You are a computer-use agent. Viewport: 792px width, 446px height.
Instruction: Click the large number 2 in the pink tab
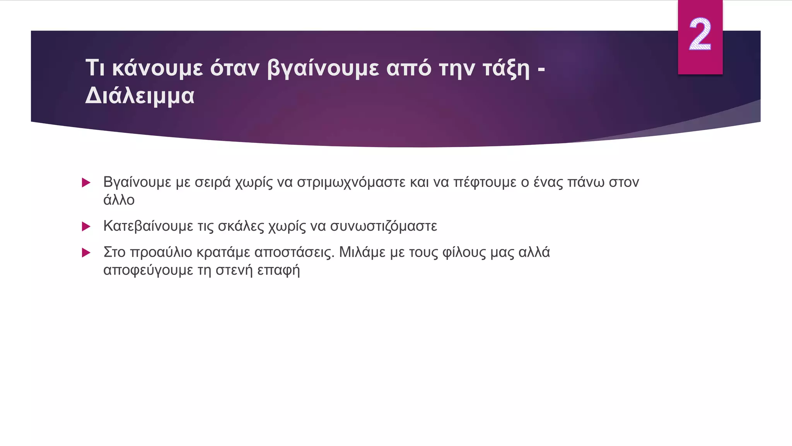coord(700,35)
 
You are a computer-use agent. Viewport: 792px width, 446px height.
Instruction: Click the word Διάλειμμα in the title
coord(140,96)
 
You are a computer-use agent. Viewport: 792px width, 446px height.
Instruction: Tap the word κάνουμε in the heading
coord(157,68)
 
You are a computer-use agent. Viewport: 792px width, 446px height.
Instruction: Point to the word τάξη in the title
coord(506,69)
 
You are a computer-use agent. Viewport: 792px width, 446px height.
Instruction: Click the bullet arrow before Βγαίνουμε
coord(86,182)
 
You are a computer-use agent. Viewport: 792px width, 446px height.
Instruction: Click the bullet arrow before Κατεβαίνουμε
coord(86,226)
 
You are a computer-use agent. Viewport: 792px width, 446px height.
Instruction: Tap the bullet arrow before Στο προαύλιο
coord(86,253)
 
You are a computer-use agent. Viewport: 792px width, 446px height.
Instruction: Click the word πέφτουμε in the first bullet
coord(485,182)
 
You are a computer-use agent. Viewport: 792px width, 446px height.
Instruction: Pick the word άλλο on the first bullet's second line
coord(119,200)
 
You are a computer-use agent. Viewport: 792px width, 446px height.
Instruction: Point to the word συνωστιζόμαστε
coord(383,226)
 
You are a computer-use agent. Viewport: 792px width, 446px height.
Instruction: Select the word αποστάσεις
coord(294,252)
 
